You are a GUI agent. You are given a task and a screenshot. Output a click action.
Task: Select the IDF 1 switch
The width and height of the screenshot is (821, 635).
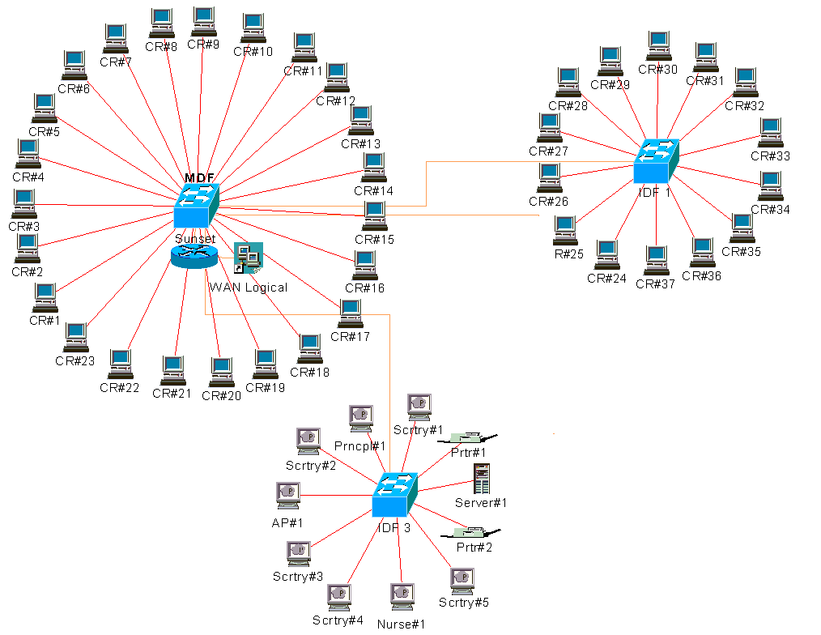point(656,161)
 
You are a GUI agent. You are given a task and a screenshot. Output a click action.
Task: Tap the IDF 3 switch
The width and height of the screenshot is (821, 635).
point(394,496)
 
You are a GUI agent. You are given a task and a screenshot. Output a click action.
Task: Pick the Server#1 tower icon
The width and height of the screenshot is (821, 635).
point(483,479)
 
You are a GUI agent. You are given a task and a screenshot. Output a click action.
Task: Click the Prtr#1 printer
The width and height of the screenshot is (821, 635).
point(468,437)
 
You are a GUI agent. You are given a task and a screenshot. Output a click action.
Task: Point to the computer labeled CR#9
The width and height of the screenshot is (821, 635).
point(203,20)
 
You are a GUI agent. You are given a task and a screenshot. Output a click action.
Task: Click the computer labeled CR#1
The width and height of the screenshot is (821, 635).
point(45,297)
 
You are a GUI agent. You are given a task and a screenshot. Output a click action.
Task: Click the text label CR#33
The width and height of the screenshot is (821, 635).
point(770,156)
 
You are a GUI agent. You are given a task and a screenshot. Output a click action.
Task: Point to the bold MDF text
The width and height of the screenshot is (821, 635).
point(198,178)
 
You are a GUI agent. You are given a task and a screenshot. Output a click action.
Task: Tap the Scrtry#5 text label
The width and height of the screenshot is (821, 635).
point(464,603)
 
